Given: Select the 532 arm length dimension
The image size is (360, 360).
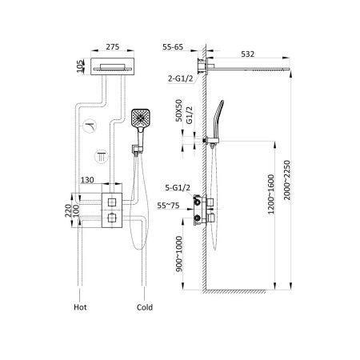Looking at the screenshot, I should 249,54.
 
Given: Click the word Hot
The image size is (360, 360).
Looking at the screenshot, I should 79,305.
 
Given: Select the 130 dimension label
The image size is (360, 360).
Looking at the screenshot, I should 89,182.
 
